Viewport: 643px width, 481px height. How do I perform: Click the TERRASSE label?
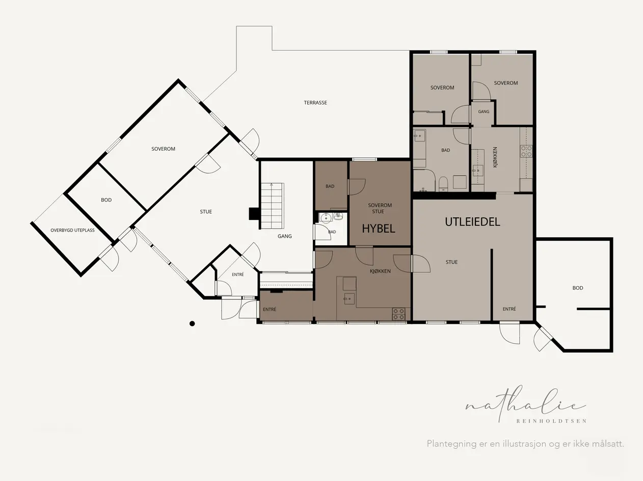pyautogui.click(x=315, y=103)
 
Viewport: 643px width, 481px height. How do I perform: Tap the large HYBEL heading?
pyautogui.click(x=379, y=229)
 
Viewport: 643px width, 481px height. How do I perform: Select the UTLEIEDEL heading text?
pyautogui.click(x=472, y=222)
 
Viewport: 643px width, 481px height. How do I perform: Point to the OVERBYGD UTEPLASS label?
pyautogui.click(x=72, y=230)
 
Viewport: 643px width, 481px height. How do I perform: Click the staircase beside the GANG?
pyautogui.click(x=272, y=206)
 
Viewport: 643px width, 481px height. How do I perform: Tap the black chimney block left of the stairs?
pyautogui.click(x=253, y=214)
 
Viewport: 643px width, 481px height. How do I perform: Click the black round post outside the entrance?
pyautogui.click(x=192, y=323)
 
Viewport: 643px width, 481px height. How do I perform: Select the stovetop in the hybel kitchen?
pyautogui.click(x=398, y=314)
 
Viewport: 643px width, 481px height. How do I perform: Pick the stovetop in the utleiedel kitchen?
pyautogui.click(x=526, y=151)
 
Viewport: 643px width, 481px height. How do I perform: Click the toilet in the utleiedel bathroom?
pyautogui.click(x=443, y=184)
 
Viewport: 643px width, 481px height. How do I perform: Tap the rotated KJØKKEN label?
pyautogui.click(x=495, y=157)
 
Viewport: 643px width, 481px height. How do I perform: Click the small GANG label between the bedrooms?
pyautogui.click(x=484, y=111)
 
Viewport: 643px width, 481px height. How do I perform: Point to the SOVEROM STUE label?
pyautogui.click(x=380, y=208)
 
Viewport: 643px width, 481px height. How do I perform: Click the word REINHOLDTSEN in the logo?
pyautogui.click(x=551, y=421)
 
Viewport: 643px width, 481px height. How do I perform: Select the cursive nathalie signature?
pyautogui.click(x=526, y=404)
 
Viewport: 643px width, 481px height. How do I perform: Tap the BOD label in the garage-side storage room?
pyautogui.click(x=578, y=288)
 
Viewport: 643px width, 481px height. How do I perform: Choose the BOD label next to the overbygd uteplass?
pyautogui.click(x=106, y=200)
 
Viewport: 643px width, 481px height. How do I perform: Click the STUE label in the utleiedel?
pyautogui.click(x=451, y=262)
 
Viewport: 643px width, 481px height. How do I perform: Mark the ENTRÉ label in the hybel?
pyautogui.click(x=269, y=309)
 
